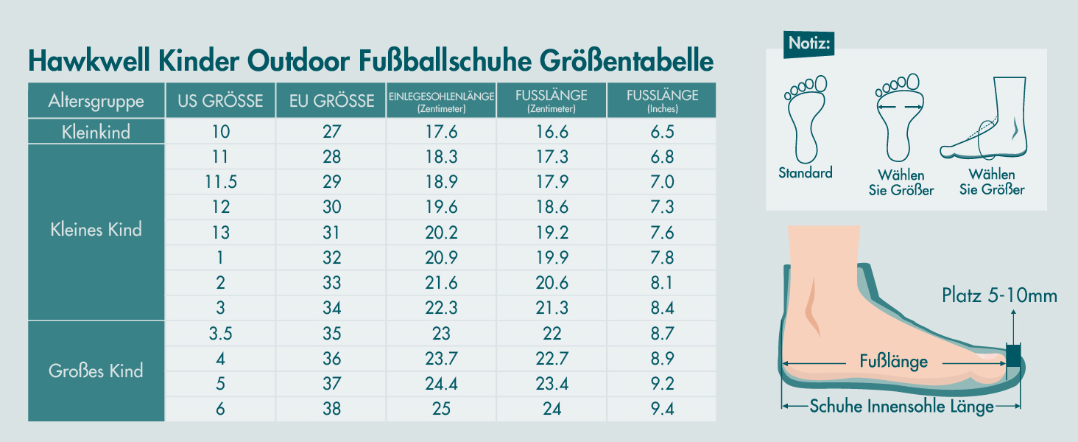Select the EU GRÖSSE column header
331,101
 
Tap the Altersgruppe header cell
96,101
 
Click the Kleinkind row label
96,132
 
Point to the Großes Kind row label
96,371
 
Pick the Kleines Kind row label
96,229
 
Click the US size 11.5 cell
220,182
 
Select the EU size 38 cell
331,409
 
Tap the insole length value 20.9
441,258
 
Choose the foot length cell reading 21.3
552,308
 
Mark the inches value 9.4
662,409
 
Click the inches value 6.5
662,132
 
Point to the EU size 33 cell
331,283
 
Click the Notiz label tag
810,43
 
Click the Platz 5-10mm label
999,296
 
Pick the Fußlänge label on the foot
893,362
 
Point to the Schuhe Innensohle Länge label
901,407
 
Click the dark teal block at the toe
1014,355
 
